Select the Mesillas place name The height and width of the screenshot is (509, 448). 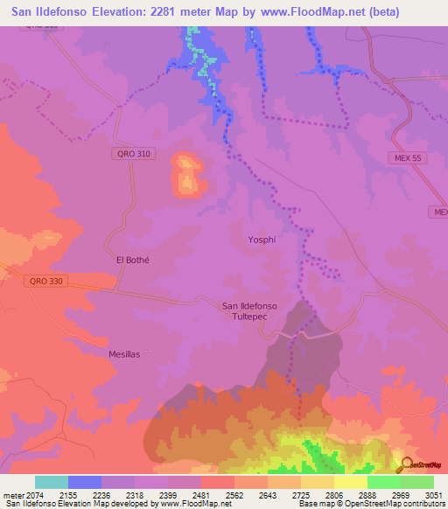pos(123,354)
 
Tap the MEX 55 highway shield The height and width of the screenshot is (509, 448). pos(406,157)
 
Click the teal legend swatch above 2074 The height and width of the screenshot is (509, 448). pos(51,482)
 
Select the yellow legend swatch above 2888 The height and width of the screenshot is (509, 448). pos(350,482)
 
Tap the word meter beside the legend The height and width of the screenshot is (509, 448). pos(13,494)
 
